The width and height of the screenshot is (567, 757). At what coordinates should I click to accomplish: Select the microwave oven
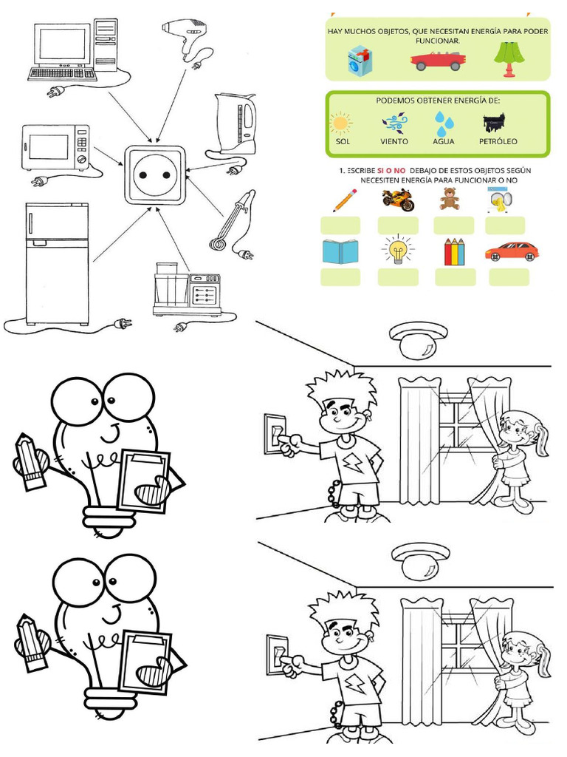(55, 147)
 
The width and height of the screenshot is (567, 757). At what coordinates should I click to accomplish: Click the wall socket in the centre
(155, 174)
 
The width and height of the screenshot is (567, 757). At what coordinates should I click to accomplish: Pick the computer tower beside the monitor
(106, 45)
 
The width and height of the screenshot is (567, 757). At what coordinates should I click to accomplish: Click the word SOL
(343, 141)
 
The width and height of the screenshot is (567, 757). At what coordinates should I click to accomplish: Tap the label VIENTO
(394, 141)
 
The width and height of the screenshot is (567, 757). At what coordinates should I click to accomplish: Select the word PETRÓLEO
(498, 141)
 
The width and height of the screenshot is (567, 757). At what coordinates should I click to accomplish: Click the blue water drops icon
(444, 123)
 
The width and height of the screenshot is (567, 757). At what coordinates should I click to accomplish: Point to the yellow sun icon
(341, 123)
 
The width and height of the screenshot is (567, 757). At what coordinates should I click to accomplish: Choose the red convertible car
(439, 61)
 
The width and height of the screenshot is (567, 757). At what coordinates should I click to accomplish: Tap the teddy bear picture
(450, 198)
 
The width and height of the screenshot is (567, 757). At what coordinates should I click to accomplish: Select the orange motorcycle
(398, 200)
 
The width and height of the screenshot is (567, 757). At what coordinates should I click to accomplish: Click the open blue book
(340, 251)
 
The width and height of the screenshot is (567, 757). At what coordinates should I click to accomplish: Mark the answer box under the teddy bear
(454, 225)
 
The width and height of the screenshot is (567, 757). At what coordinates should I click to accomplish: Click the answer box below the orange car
(509, 277)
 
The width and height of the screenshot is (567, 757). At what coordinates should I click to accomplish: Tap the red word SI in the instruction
(380, 171)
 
